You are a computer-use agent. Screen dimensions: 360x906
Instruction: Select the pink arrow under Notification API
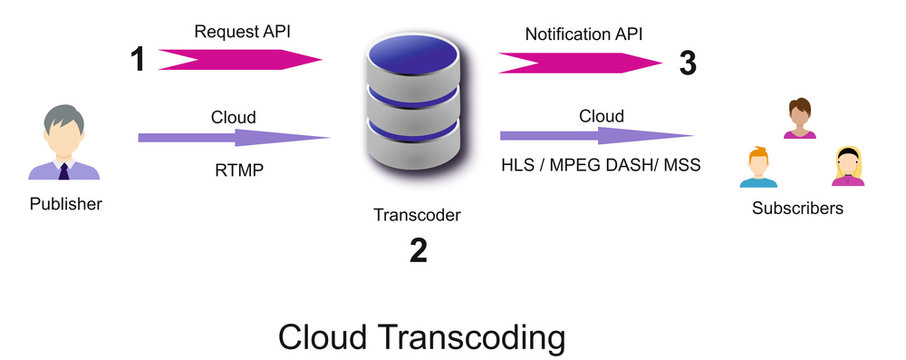pyautogui.click(x=579, y=64)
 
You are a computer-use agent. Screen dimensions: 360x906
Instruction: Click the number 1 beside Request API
pyautogui.click(x=139, y=60)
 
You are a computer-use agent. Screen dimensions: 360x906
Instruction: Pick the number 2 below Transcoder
pyautogui.click(x=418, y=250)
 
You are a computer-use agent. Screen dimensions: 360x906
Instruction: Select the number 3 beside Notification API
pyautogui.click(x=687, y=63)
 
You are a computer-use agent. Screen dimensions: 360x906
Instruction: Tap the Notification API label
pyautogui.click(x=585, y=34)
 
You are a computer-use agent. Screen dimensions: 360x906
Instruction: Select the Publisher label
pyautogui.click(x=67, y=205)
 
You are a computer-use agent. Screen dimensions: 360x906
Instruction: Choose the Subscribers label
pyautogui.click(x=797, y=209)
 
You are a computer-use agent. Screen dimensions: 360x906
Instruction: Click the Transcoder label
pyautogui.click(x=417, y=214)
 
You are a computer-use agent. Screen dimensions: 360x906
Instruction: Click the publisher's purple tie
pyautogui.click(x=65, y=171)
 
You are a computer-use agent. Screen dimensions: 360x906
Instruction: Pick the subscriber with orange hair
pyautogui.click(x=758, y=166)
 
